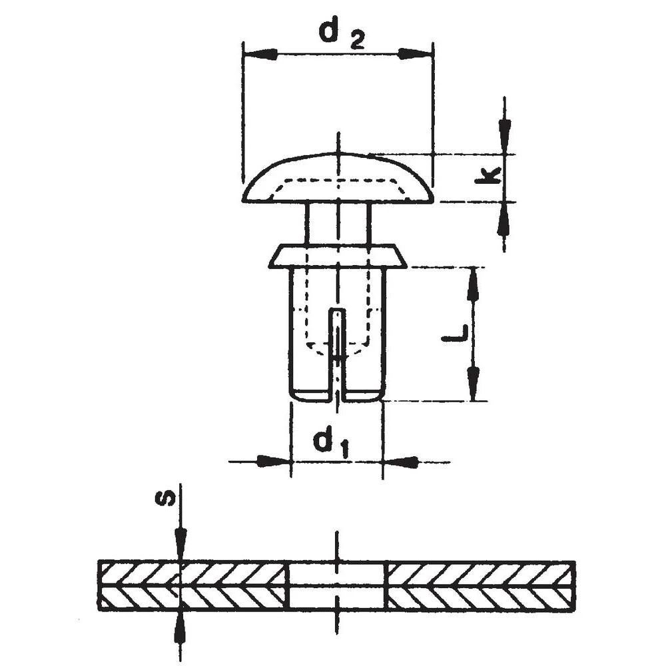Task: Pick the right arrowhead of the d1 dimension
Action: tap(401, 461)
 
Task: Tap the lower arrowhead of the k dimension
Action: tap(504, 217)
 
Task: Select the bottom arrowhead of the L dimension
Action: tap(473, 384)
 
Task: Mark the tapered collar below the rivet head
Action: tap(338, 256)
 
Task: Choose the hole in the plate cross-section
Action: tap(337, 585)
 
